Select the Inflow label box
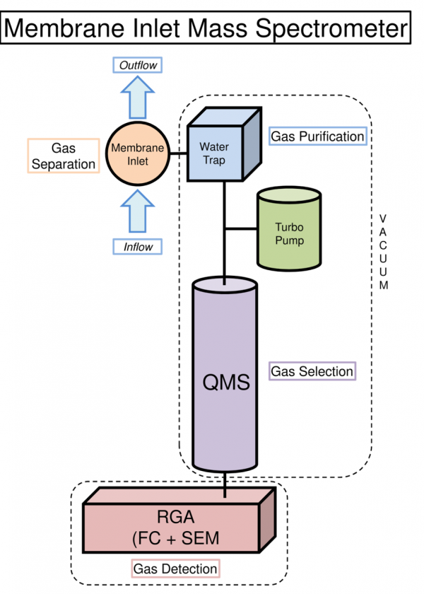[x=137, y=247]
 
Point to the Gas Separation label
[x=63, y=156]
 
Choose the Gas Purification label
[x=318, y=136]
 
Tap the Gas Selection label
[x=312, y=371]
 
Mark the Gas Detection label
[x=175, y=569]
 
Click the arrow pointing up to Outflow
[x=137, y=97]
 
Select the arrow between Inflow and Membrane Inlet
[x=137, y=210]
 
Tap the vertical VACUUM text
[x=383, y=251]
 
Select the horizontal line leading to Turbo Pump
[x=240, y=229]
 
